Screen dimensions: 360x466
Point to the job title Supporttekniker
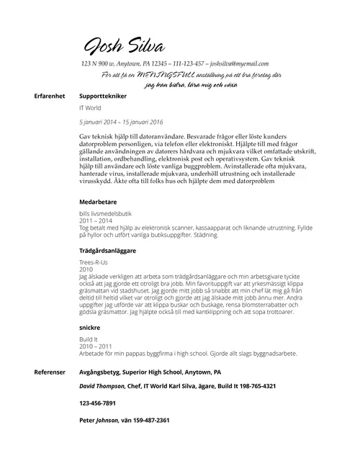coord(103,95)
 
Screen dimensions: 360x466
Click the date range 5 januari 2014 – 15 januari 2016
coord(121,122)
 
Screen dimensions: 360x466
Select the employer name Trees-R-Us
coord(94,262)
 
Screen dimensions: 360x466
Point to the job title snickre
coord(89,327)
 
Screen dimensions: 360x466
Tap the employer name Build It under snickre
coord(89,339)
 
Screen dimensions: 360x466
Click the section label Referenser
coord(50,373)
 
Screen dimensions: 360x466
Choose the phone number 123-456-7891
coord(97,403)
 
